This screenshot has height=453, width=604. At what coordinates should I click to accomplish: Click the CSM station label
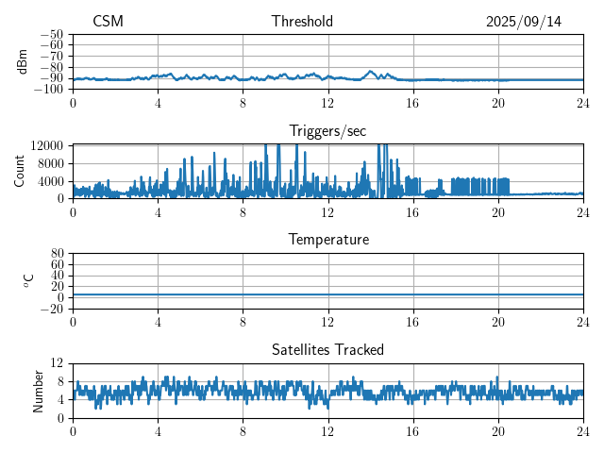[x=108, y=22]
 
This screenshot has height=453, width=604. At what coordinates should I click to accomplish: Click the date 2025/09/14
[x=524, y=22]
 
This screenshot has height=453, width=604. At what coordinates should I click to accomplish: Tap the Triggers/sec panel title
[x=327, y=130]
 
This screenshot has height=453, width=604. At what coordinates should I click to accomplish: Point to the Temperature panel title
[x=327, y=240]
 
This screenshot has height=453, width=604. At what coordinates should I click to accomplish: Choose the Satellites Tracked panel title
[x=327, y=349]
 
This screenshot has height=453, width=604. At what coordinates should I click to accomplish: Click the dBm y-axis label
[x=23, y=61]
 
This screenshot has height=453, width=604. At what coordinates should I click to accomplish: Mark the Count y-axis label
[x=20, y=171]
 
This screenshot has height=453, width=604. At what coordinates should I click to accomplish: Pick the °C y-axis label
[x=28, y=280]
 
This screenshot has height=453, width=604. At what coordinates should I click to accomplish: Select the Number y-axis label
[x=39, y=390]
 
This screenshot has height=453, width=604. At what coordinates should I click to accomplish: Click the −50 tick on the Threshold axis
[x=53, y=34]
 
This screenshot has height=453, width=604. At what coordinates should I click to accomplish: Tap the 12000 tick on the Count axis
[x=47, y=145]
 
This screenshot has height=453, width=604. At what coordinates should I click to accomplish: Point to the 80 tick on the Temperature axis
[x=57, y=254]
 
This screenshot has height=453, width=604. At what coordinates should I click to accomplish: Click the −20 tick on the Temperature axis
[x=53, y=309]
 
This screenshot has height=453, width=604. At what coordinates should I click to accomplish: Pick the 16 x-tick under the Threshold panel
[x=413, y=103]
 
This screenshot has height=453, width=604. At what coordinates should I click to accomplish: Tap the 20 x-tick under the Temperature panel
[x=498, y=322]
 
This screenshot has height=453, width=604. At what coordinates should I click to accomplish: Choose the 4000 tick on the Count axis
[x=50, y=181]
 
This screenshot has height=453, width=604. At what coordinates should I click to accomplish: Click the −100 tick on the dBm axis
[x=50, y=90]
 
